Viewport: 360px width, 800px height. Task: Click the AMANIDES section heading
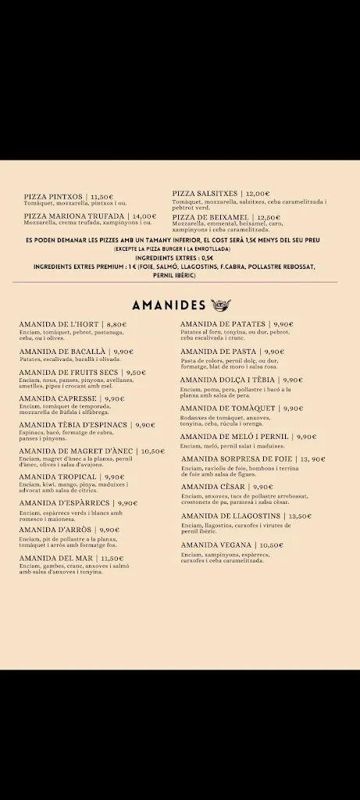coord(169,305)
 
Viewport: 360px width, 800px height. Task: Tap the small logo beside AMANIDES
coord(219,305)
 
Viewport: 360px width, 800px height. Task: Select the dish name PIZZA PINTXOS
coord(54,197)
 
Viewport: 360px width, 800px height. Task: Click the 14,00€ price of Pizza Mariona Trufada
coord(144,216)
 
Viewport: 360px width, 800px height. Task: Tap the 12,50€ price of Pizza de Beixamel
coord(267,217)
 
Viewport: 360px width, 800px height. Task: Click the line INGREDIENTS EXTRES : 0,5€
coord(174,258)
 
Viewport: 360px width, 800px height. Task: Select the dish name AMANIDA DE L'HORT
coord(59,324)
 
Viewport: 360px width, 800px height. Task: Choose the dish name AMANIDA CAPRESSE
coord(59,398)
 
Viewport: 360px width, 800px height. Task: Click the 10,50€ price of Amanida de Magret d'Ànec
coord(152,451)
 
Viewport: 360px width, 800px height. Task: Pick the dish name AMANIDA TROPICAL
coord(59,477)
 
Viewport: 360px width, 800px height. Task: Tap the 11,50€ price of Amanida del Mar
coord(112,559)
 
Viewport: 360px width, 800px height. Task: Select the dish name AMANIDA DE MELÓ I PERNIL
coord(234,437)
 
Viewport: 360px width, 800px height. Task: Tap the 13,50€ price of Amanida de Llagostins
coord(299,516)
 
